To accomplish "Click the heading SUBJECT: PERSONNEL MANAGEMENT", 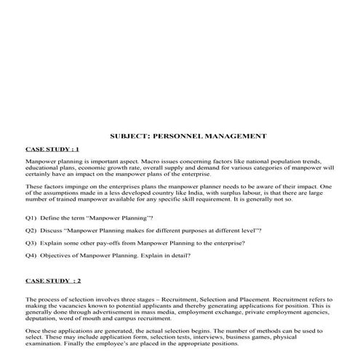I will click(188, 136).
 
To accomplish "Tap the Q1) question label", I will click(31, 218).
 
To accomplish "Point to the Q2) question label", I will click(31, 230).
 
